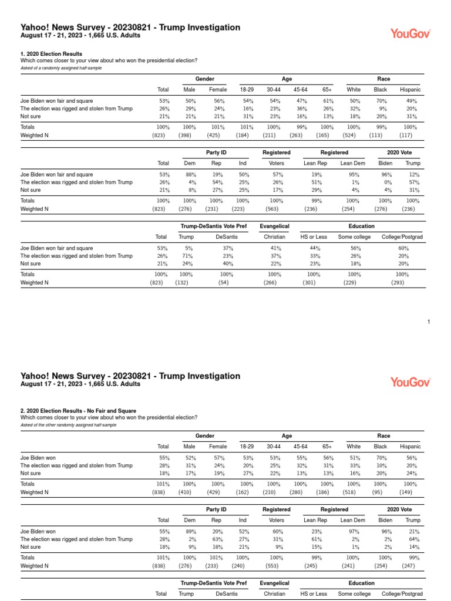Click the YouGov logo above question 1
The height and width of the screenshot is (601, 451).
[x=410, y=34]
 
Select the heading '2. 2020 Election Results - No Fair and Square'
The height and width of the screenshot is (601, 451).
[x=78, y=411]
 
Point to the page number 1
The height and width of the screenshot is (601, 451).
[x=429, y=322]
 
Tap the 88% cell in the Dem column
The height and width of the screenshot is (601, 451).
[x=190, y=174]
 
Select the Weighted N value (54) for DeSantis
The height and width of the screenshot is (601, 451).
[x=225, y=282]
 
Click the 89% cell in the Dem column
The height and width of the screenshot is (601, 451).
[x=190, y=531]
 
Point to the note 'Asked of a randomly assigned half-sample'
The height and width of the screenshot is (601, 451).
[x=58, y=68]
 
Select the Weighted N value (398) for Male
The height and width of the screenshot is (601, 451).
[x=189, y=135]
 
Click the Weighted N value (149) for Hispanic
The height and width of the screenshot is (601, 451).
[x=410, y=492]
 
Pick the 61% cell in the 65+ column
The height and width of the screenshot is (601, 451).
[x=327, y=100]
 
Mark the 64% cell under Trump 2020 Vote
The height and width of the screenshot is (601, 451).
[x=414, y=539]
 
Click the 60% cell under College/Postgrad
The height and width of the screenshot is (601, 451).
[x=402, y=248]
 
